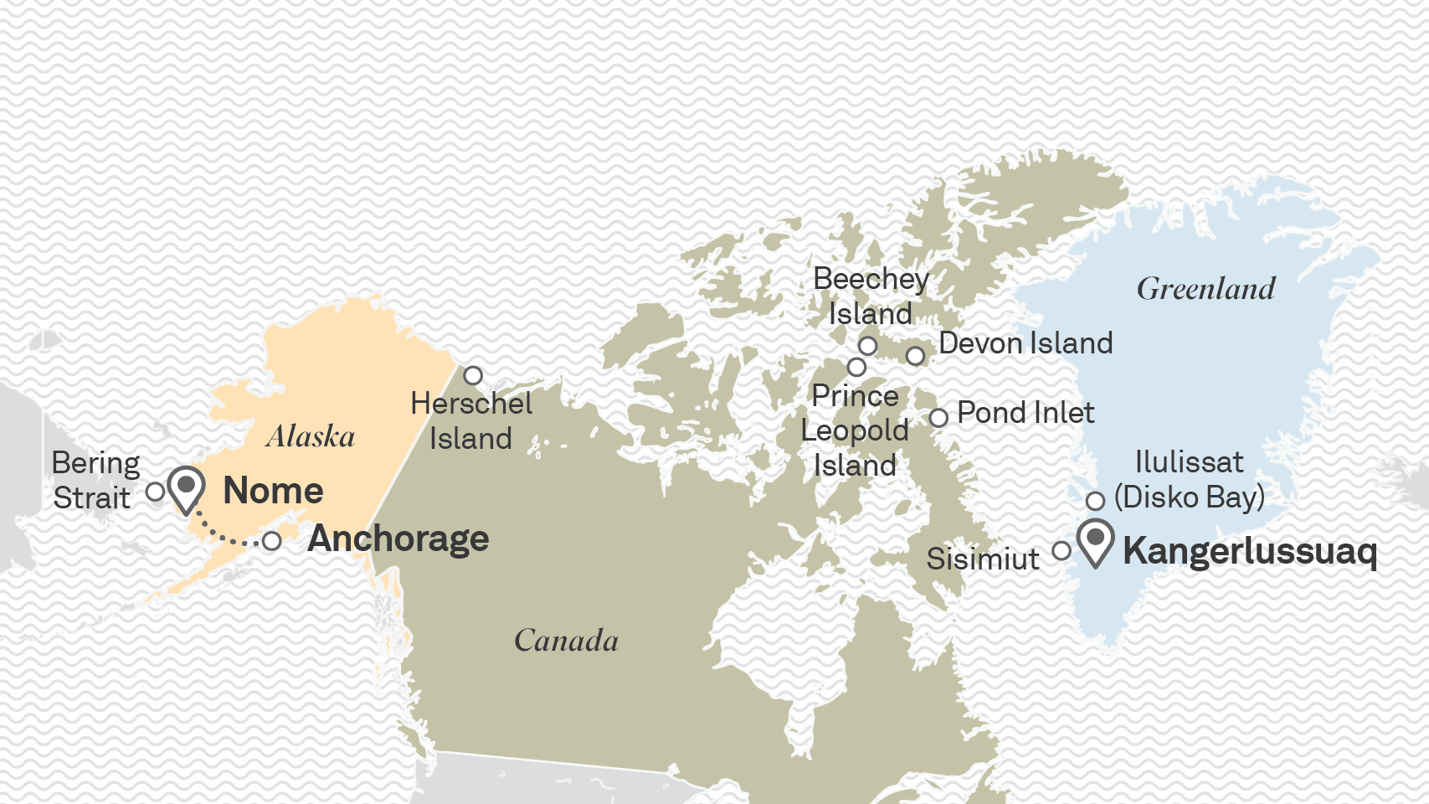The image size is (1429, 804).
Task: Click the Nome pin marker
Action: click(x=186, y=487)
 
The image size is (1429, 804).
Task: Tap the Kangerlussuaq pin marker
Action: click(x=1095, y=540)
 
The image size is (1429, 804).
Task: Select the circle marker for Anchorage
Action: click(x=271, y=541)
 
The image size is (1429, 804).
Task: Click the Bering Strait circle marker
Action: click(x=155, y=492)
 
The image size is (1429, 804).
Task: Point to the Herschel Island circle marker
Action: click(x=473, y=375)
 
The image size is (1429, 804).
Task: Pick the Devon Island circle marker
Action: click(x=916, y=356)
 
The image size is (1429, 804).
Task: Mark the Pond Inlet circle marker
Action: click(x=938, y=417)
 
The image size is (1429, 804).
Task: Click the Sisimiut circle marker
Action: click(x=1061, y=550)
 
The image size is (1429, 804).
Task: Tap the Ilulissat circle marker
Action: click(x=1095, y=501)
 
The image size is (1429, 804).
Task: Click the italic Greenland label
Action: click(x=1205, y=290)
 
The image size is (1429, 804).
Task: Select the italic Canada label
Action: click(x=566, y=642)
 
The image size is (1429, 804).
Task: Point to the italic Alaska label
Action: click(x=311, y=436)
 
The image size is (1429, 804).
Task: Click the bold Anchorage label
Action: click(x=398, y=539)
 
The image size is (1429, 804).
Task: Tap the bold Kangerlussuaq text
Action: click(x=1249, y=552)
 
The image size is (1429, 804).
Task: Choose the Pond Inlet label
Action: click(x=1025, y=413)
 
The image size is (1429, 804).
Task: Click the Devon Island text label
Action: click(x=1025, y=343)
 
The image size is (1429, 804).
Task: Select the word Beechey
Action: click(x=871, y=280)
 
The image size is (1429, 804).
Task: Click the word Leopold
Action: click(x=855, y=430)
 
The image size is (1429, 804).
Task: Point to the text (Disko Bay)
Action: click(x=1189, y=497)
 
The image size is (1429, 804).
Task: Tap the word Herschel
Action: click(x=471, y=404)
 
